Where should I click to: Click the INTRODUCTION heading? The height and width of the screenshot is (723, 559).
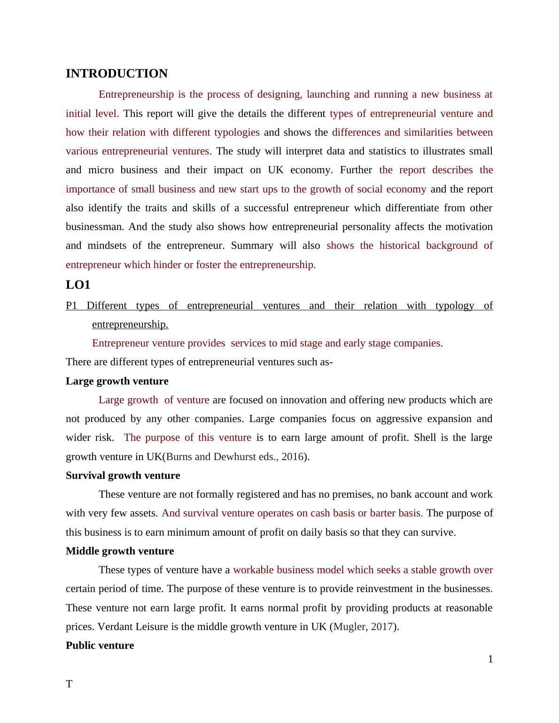pos(116,74)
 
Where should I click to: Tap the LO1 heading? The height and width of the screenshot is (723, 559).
pos(78,285)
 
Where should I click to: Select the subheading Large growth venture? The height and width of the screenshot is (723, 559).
pos(117,381)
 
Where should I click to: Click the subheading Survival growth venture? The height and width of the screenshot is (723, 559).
pos(123,476)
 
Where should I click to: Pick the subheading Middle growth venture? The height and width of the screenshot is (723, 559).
pos(120,551)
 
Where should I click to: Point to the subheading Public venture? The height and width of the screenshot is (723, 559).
pos(100,646)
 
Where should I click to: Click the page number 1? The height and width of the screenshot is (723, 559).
pos(490,660)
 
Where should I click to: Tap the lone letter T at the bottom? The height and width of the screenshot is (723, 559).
pos(69,684)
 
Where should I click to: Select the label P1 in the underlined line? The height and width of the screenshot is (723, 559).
pos(71,306)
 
